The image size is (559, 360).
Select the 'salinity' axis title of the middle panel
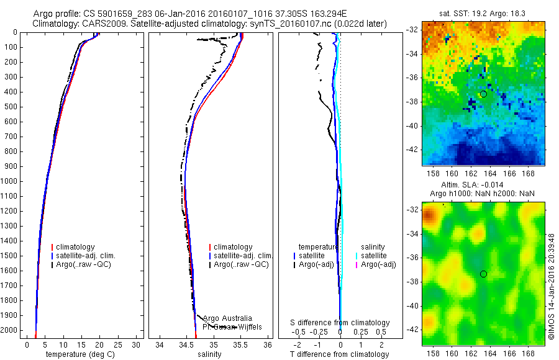tap(210, 354)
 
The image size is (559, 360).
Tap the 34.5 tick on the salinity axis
tap(186, 344)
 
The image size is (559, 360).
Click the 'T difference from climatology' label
tap(339, 354)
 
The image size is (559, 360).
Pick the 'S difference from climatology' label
tap(340, 323)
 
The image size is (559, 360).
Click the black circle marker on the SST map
tap(483, 94)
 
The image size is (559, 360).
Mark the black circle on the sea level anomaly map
tap(483, 274)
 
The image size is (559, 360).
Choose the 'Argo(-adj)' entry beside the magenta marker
tap(379, 265)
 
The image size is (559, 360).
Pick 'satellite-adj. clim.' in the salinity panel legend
tap(243, 256)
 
